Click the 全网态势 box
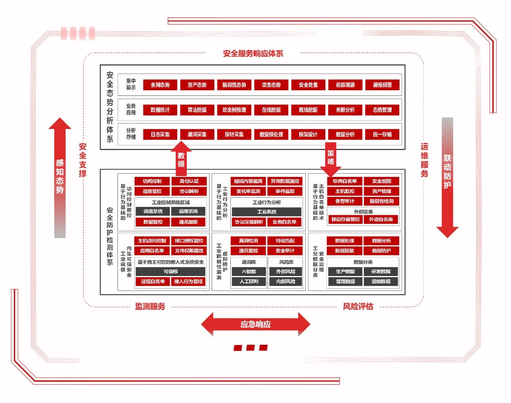tap(160, 85)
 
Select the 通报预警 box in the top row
tap(382, 85)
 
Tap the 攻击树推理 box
tap(234, 110)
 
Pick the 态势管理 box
tap(382, 110)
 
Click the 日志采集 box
tap(160, 135)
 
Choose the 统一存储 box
tap(382, 135)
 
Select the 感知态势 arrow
tap(60, 176)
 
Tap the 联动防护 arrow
tap(447, 176)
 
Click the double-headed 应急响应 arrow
tap(255, 324)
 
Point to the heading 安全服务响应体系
tap(253, 54)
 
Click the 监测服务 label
tap(150, 306)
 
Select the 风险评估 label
tap(358, 306)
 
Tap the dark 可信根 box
tap(170, 272)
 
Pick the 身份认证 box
tap(189, 181)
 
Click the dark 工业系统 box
tap(267, 212)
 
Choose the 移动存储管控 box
tap(345, 219)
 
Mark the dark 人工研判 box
tap(249, 282)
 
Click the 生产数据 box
tap(345, 272)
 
